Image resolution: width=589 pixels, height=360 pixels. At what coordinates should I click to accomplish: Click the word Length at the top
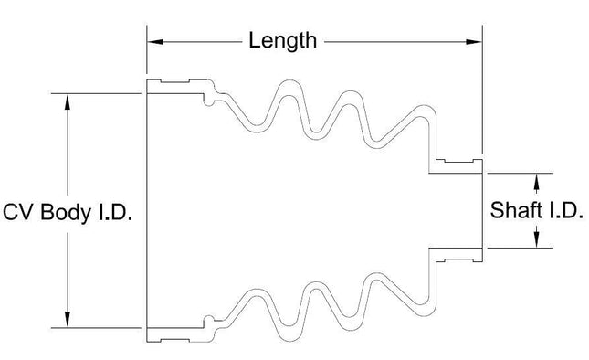282,41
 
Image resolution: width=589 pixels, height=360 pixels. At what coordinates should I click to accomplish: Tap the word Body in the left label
66,213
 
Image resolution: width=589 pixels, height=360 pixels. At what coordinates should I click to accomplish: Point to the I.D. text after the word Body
115,212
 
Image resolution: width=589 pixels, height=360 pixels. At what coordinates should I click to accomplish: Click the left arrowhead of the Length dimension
155,41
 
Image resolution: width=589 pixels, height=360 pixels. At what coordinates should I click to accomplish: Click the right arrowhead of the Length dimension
474,42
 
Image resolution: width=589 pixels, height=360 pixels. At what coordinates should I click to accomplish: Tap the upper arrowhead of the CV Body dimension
68,101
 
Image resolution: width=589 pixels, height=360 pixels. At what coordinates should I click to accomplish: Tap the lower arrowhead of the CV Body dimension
68,319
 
